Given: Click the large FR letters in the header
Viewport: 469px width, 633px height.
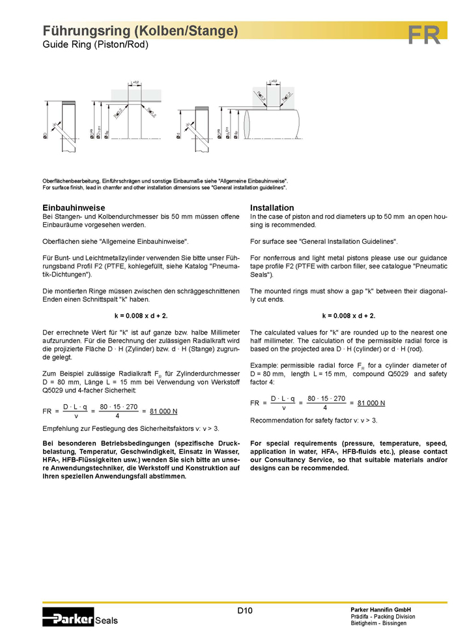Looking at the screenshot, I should point(425,35).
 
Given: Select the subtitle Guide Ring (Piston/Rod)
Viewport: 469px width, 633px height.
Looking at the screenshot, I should point(96,45).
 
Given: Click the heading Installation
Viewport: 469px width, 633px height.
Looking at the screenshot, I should point(272,207).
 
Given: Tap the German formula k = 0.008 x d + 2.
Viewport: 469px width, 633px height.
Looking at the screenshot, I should point(141,316).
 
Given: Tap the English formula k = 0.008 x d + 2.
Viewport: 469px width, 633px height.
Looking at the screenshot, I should point(348,316).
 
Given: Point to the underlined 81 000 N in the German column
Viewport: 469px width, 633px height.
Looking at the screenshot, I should point(163,411).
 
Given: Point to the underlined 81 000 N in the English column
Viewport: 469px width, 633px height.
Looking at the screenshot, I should point(371,403).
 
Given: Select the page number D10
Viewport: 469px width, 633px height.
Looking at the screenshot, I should point(244,610).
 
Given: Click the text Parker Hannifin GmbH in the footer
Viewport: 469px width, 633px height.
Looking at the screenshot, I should point(380,609).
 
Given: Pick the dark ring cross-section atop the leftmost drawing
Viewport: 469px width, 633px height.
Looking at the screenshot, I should point(69,103).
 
